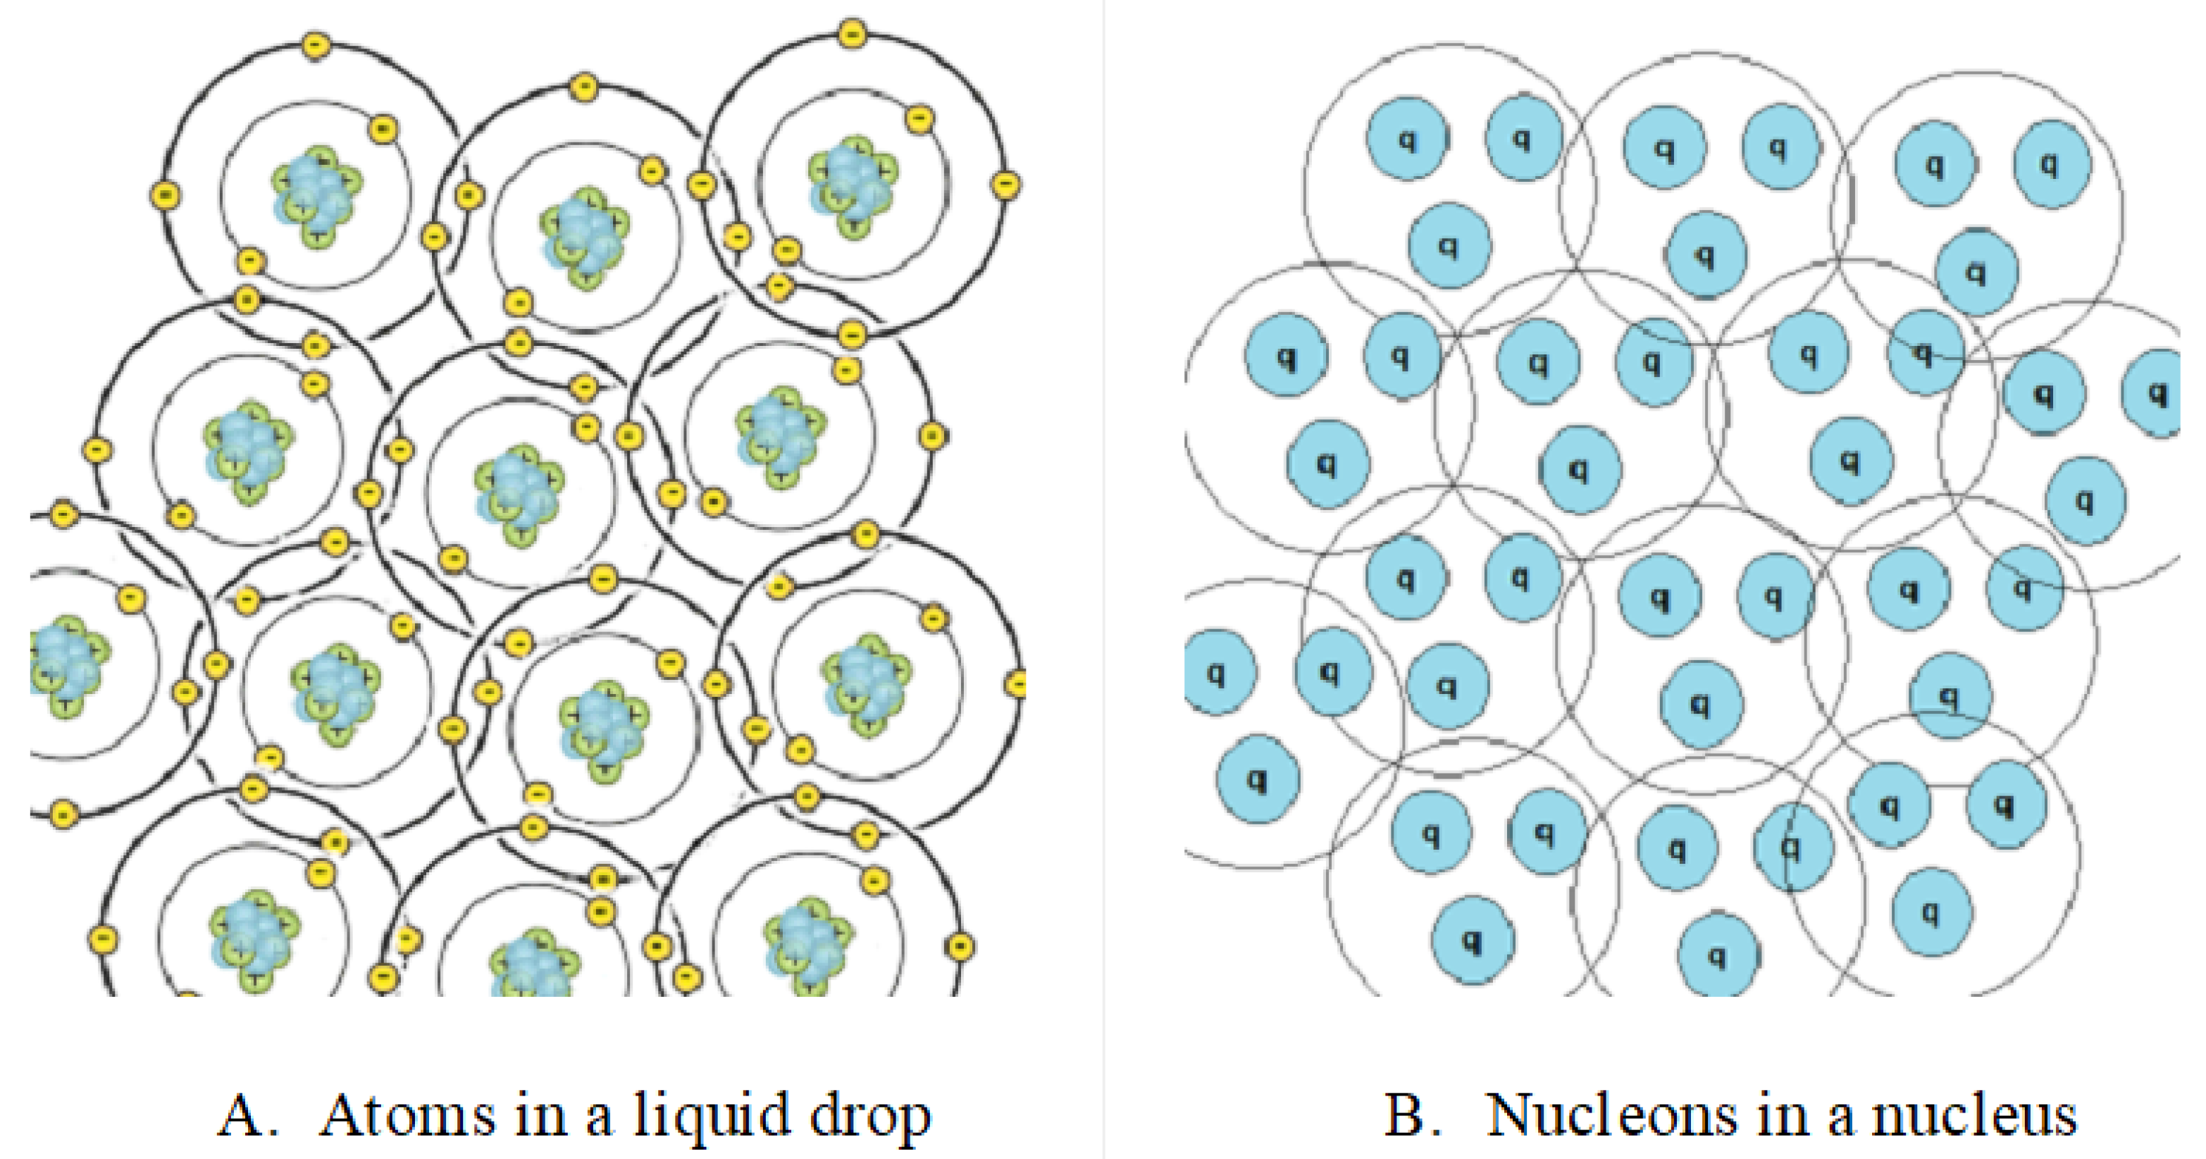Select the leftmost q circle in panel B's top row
(1406, 139)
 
